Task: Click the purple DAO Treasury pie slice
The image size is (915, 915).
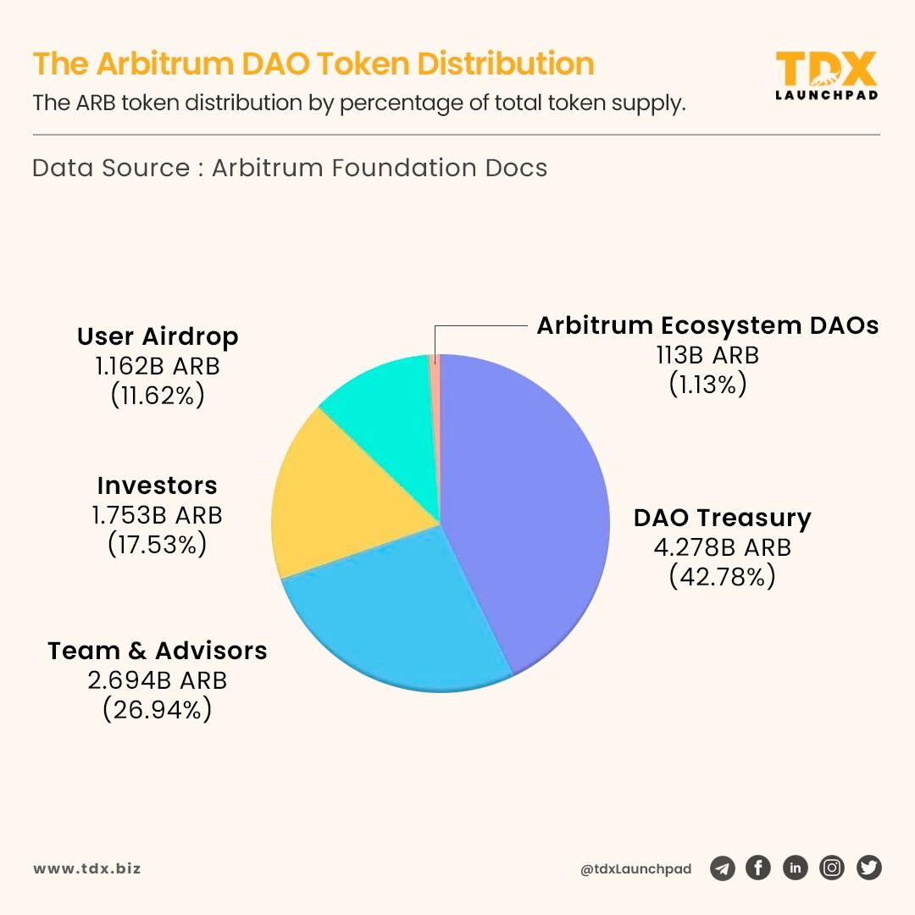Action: pyautogui.click(x=525, y=508)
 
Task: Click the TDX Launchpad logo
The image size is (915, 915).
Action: pyautogui.click(x=826, y=75)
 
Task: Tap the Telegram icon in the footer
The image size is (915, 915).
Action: pyautogui.click(x=722, y=868)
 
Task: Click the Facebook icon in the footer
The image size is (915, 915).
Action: pyautogui.click(x=758, y=868)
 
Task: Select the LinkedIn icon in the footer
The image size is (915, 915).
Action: pyautogui.click(x=795, y=868)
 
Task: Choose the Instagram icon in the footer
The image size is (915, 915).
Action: pyautogui.click(x=832, y=868)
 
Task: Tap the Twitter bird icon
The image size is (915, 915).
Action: pyautogui.click(x=869, y=868)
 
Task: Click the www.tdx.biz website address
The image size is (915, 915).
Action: pyautogui.click(x=87, y=868)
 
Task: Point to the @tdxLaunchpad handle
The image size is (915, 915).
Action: pyautogui.click(x=635, y=869)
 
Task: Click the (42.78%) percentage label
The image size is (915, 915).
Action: pyautogui.click(x=722, y=577)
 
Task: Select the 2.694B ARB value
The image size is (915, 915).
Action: pyautogui.click(x=158, y=680)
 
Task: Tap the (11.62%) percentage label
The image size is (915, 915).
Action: pyautogui.click(x=158, y=396)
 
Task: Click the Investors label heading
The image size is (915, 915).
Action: pyautogui.click(x=158, y=485)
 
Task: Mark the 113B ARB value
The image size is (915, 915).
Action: pyautogui.click(x=707, y=355)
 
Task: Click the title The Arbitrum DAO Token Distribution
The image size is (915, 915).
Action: pyautogui.click(x=313, y=64)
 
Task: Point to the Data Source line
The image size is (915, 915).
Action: pyautogui.click(x=290, y=168)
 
